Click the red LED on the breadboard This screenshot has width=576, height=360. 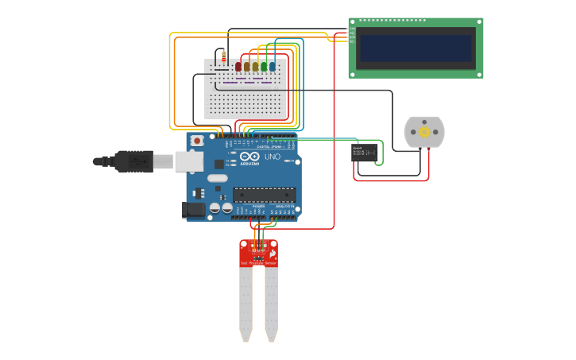238,66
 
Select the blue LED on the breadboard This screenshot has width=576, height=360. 273,66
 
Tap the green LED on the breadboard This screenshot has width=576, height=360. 264,66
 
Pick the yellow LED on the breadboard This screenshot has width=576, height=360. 255,66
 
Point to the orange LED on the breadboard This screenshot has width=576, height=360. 246,66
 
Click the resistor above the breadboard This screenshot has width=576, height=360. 223,56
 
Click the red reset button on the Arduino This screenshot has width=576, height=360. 196,141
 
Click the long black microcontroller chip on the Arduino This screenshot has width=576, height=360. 264,194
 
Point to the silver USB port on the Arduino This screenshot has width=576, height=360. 188,161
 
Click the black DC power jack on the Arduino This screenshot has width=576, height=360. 193,210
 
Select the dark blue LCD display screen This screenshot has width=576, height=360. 416,48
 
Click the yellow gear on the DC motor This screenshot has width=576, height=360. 424,132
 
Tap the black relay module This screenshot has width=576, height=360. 364,153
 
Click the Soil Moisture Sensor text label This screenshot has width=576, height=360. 259,262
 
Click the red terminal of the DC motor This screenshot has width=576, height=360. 430,148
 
